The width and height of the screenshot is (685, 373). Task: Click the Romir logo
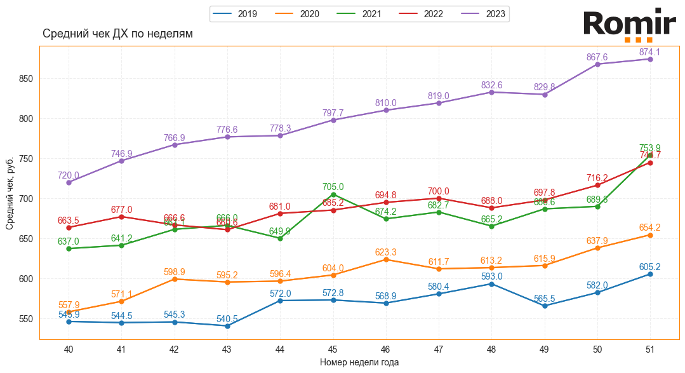coord(629,25)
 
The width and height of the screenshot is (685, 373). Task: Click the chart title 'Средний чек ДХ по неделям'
coord(117,34)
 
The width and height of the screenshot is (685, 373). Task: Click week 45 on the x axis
coord(333,349)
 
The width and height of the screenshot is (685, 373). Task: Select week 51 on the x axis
coord(650,349)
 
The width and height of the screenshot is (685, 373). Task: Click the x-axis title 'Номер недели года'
coord(359,362)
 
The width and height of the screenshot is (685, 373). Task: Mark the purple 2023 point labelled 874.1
coord(650,59)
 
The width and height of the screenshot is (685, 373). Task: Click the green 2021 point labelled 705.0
coord(333,194)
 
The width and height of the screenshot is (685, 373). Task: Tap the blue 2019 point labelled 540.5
coord(227,326)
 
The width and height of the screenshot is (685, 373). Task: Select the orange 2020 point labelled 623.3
coord(386,259)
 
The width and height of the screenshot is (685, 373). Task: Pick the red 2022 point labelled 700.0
coord(439,198)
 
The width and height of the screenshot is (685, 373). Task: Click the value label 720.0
coord(69,175)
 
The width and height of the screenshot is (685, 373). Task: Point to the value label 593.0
coord(491,276)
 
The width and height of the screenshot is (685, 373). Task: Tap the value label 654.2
coord(650,227)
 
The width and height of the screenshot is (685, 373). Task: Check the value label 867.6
coord(597,57)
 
